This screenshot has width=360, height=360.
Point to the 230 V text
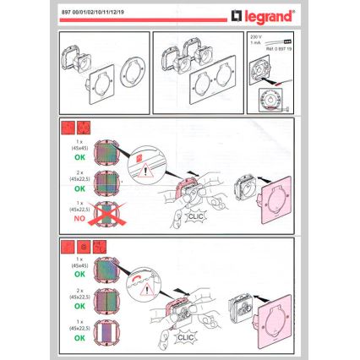tap(257, 38)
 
